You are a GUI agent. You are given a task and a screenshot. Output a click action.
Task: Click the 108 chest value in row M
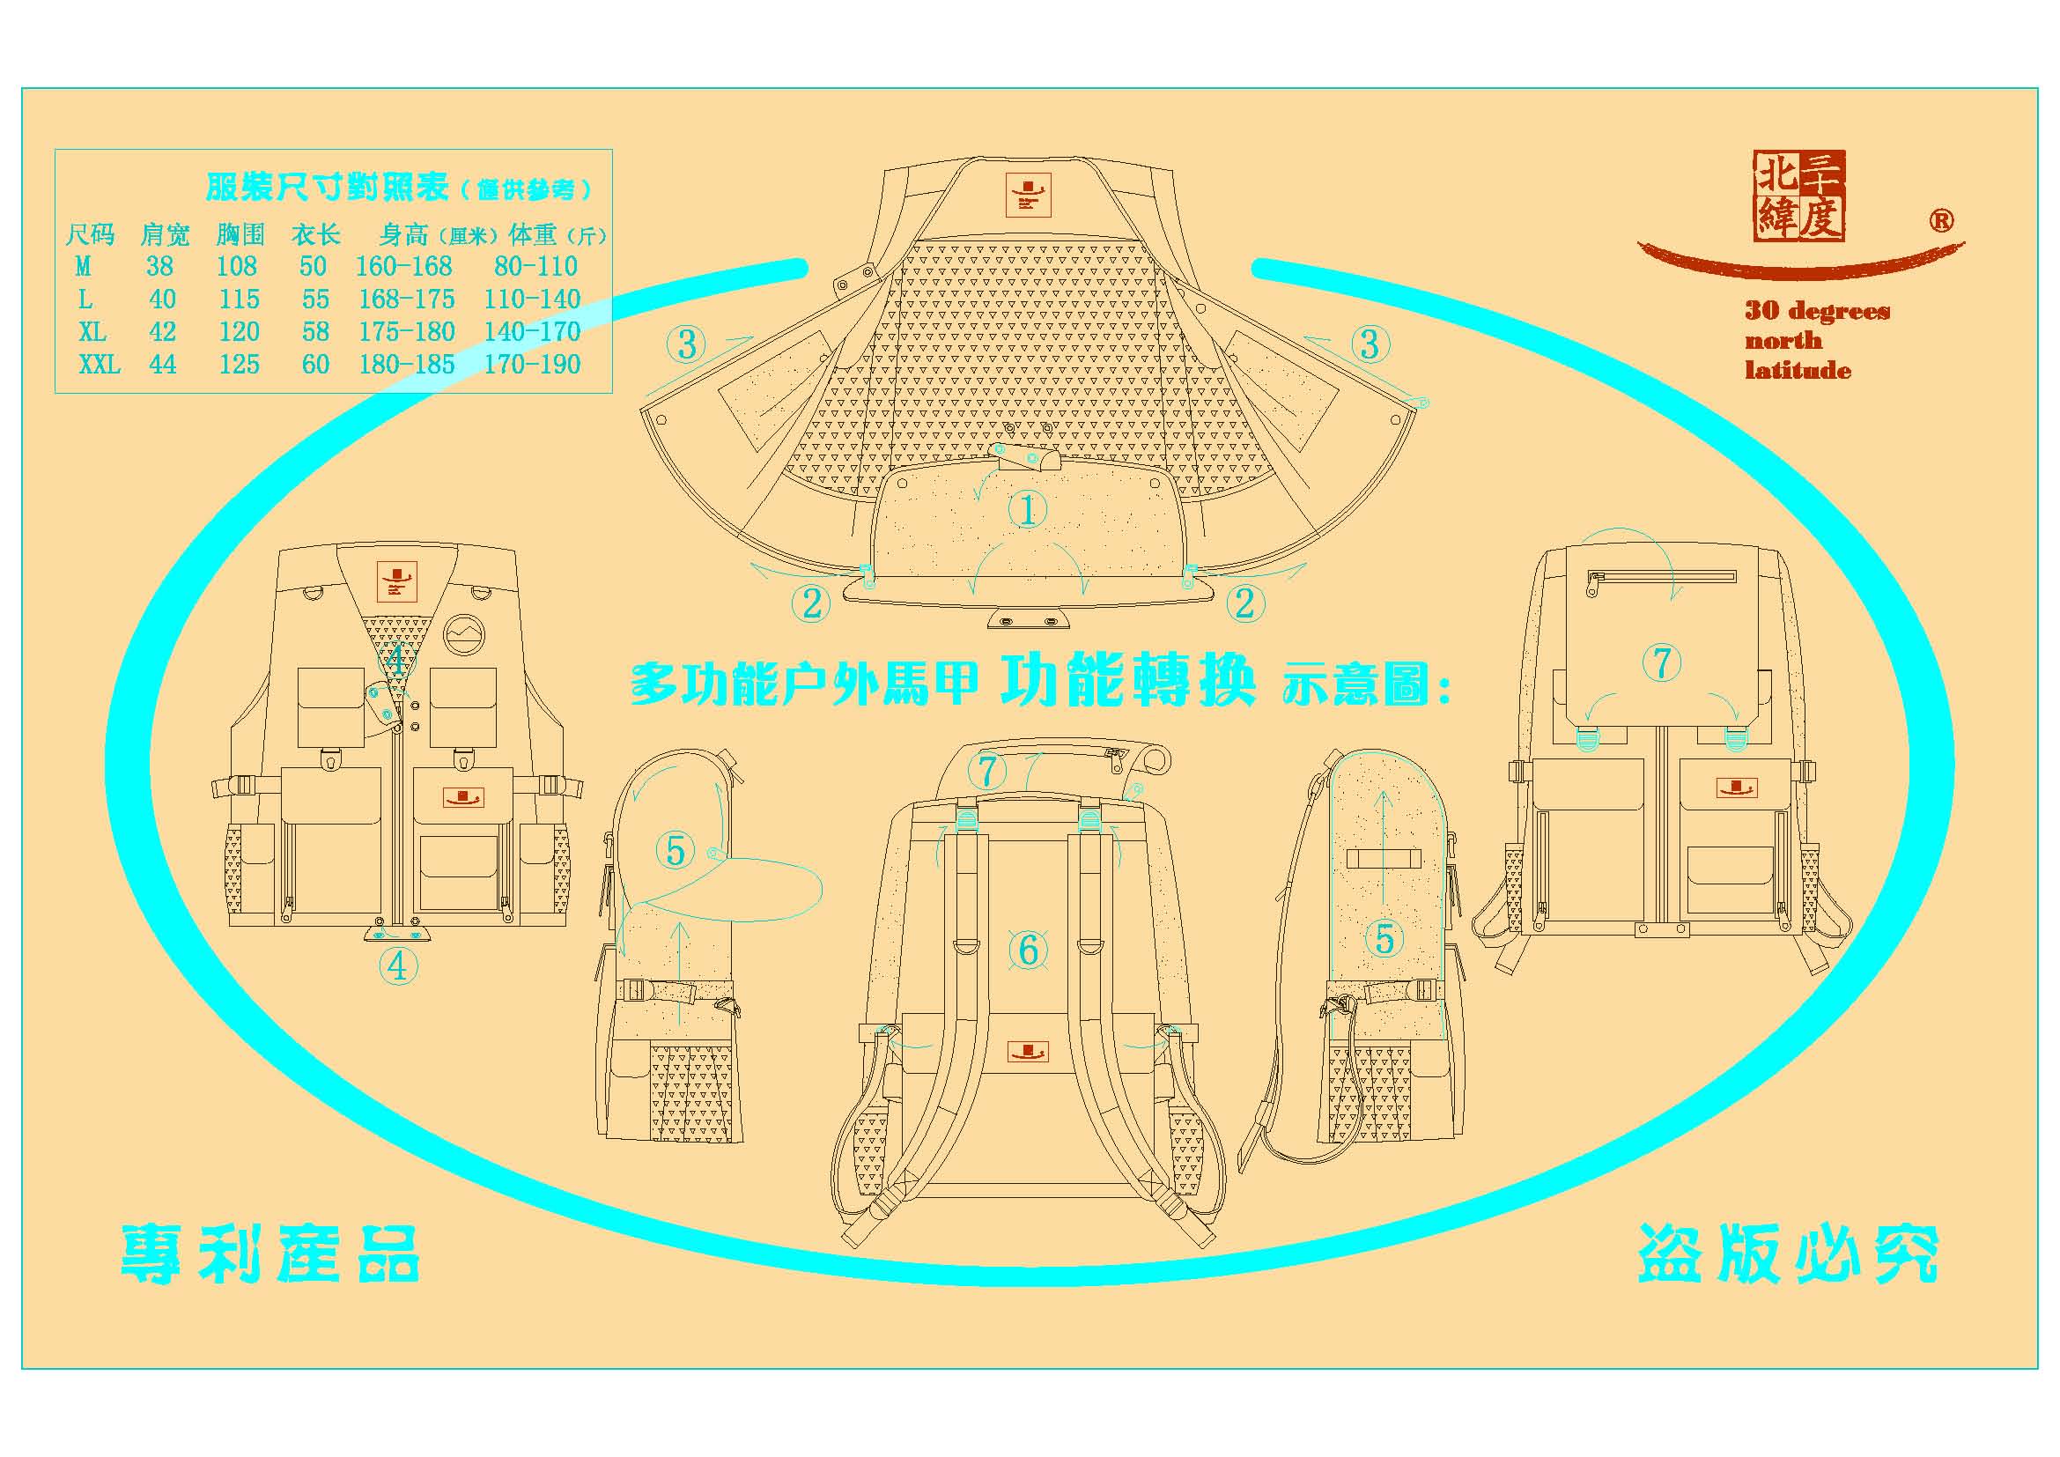coord(236,266)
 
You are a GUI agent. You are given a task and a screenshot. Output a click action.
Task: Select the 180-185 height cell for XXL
coord(406,365)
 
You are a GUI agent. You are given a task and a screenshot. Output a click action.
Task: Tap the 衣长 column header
coord(316,235)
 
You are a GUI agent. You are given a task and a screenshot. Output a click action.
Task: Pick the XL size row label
coord(92,332)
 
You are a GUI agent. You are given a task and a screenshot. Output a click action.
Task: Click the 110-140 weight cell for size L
coord(532,299)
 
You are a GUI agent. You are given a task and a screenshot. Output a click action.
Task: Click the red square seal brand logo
coord(1799,196)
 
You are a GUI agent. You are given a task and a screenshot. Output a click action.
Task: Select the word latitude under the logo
coord(1798,371)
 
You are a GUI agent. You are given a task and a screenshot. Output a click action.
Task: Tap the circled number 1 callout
coord(1027,509)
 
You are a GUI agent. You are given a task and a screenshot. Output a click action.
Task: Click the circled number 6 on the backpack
coord(1028,950)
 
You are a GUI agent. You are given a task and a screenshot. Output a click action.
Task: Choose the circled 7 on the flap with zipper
coord(1662,663)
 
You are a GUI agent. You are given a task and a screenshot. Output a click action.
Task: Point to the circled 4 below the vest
coord(397,966)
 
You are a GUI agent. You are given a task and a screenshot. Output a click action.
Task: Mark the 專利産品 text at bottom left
coord(270,1254)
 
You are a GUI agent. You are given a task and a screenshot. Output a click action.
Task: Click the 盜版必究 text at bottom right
coord(1788,1254)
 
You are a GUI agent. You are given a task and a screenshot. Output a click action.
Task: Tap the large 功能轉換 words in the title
coord(1127,683)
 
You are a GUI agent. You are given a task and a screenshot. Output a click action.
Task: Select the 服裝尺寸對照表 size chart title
coord(327,188)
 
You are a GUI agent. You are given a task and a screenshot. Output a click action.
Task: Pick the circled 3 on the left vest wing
coord(686,344)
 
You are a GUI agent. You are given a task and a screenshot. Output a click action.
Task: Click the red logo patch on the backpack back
coord(1027,1052)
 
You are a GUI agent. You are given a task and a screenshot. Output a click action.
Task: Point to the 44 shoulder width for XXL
coord(162,365)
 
